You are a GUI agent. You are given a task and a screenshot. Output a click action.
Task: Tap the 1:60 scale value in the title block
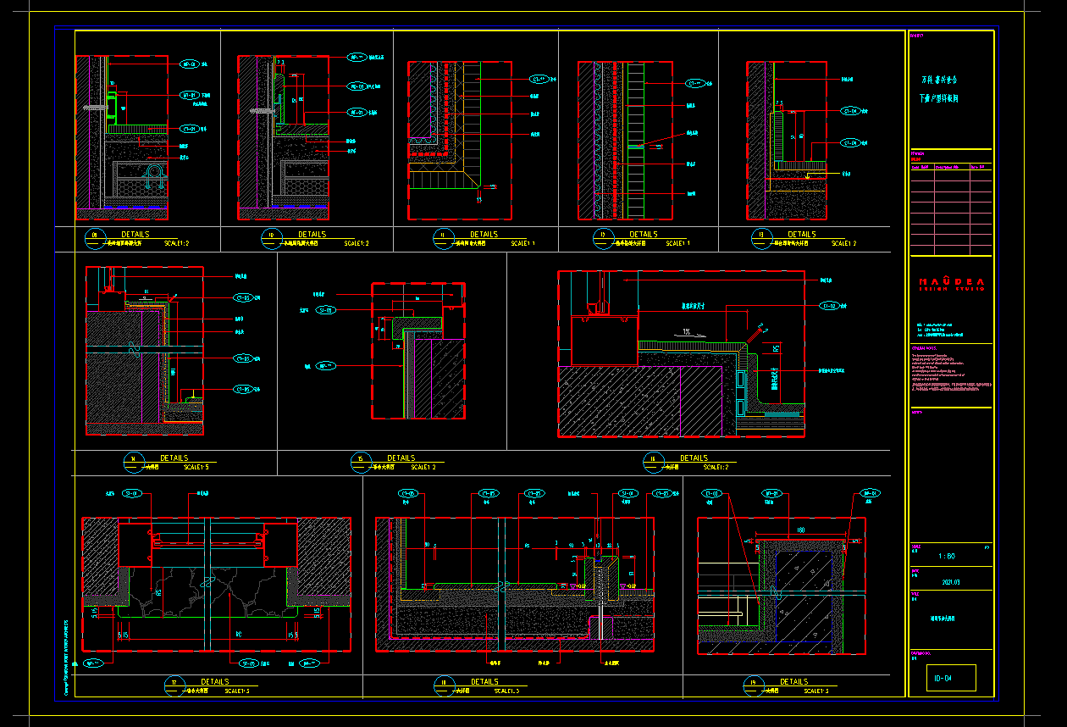click(x=948, y=556)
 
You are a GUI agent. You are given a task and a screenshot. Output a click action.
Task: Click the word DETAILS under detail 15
click(x=401, y=458)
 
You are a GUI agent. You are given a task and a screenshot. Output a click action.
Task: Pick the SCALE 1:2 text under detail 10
click(x=357, y=244)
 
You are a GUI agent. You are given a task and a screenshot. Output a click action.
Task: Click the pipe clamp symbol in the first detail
click(x=158, y=175)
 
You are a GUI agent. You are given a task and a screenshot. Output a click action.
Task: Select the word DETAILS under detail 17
click(x=214, y=681)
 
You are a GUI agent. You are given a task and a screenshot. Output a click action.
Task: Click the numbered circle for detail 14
click(x=132, y=460)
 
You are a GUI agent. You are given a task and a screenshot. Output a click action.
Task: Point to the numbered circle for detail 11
click(x=440, y=236)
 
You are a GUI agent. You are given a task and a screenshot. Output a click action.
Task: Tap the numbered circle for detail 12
click(x=602, y=236)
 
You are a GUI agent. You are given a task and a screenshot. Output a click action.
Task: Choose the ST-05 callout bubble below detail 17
click(x=248, y=663)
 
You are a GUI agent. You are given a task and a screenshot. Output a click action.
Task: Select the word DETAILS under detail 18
click(x=484, y=681)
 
